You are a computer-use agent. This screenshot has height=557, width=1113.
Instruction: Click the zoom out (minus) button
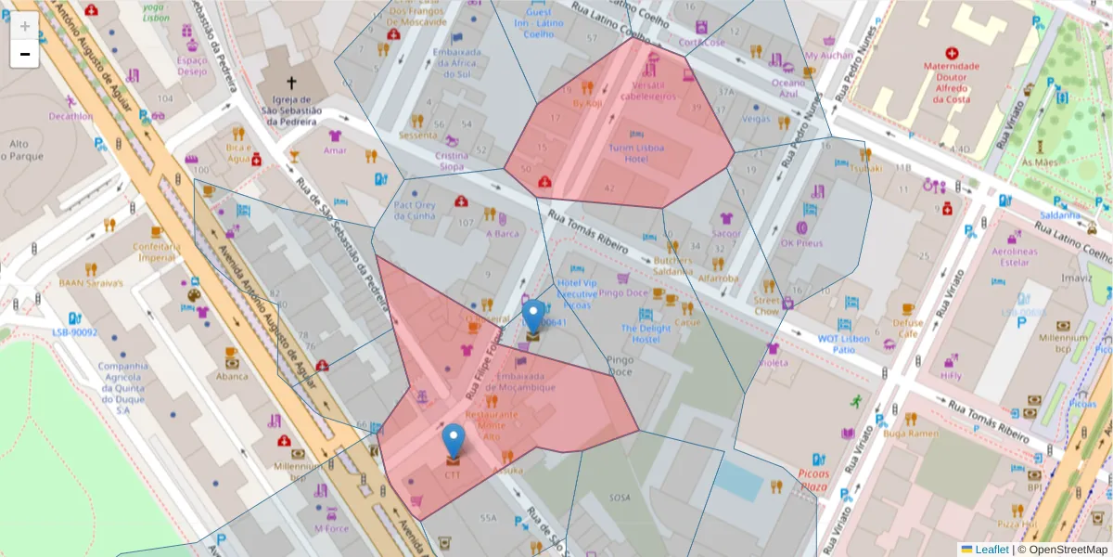[x=24, y=54]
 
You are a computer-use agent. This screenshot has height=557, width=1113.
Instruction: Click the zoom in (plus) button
[x=24, y=26]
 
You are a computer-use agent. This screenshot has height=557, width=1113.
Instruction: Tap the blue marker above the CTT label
[x=454, y=441]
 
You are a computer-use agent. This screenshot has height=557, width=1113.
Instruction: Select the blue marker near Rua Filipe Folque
[x=533, y=317]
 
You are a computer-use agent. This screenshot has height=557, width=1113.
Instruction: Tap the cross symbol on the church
[x=292, y=82]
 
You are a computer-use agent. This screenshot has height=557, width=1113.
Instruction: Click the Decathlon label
[x=71, y=117]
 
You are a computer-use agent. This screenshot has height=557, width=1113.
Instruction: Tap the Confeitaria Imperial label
[x=157, y=252]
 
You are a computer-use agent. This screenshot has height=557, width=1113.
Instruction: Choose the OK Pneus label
[x=801, y=243]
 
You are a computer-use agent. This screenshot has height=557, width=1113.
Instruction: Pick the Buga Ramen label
[x=912, y=434]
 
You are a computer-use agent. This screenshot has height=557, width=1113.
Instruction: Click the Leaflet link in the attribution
[x=991, y=550]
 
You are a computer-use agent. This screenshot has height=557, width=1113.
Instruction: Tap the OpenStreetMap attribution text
[x=1061, y=550]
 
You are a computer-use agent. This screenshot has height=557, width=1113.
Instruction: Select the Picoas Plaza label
[x=812, y=479]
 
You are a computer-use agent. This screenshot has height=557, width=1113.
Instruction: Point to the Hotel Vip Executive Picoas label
[x=577, y=293]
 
